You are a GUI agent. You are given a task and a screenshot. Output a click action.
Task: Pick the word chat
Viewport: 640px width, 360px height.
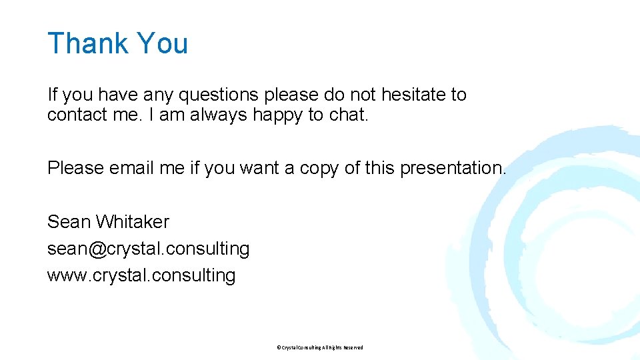point(349,115)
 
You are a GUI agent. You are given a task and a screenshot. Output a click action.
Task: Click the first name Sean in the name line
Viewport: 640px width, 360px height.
point(69,221)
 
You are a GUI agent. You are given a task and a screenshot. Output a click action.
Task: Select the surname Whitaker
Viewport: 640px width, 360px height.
point(133,221)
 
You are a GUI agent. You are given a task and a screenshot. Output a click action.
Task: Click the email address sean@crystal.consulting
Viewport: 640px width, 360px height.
point(148,249)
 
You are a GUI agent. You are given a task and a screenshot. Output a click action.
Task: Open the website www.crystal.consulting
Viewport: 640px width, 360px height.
point(141,275)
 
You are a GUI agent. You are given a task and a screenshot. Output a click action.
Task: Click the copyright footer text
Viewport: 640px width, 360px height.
point(319,347)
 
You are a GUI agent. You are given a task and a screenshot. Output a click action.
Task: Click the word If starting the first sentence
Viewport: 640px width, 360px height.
point(52,95)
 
